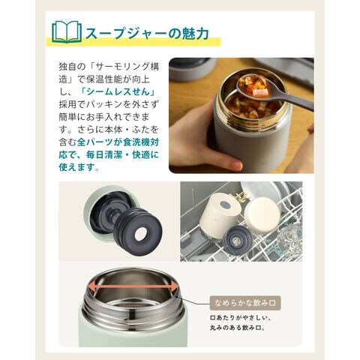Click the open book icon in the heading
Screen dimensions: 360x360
[x=67, y=32]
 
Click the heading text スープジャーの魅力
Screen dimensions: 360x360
[x=147, y=33]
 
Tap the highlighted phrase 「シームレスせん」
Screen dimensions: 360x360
[x=118, y=91]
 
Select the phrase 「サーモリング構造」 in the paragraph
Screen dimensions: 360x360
[x=109, y=73]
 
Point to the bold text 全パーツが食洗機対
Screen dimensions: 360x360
[x=118, y=142]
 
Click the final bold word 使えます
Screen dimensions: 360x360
[x=76, y=167]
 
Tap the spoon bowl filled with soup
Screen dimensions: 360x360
[x=253, y=86]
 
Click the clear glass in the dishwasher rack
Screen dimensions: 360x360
[x=290, y=237]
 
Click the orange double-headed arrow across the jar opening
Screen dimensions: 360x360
[x=133, y=286]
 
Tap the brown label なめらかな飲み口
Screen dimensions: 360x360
[x=245, y=303]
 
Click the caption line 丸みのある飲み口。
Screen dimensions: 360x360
[x=238, y=328]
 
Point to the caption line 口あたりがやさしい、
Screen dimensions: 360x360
[x=240, y=318]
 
